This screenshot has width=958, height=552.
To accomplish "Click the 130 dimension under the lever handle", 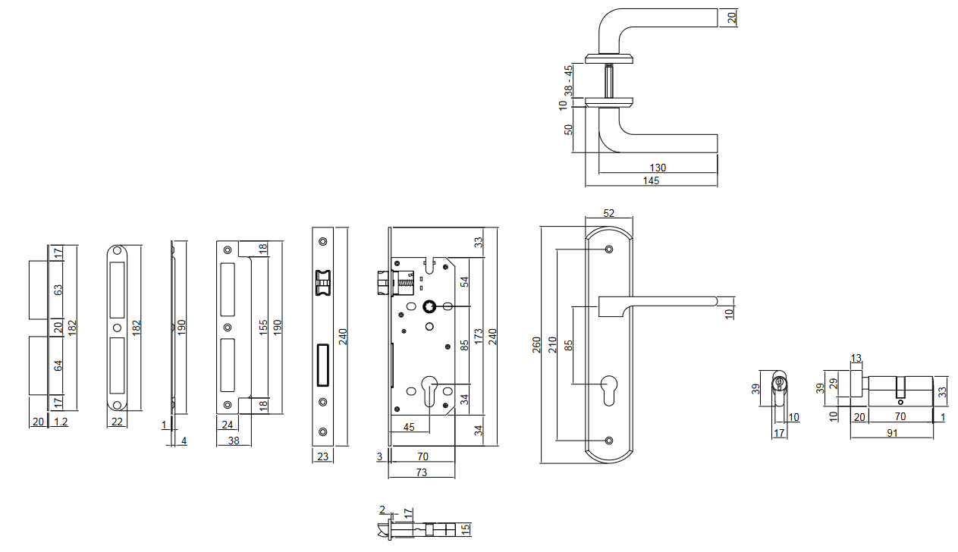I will pyautogui.click(x=658, y=168).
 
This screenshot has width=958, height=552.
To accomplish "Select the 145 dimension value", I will pyautogui.click(x=651, y=180).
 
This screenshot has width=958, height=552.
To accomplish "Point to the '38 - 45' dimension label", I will pyautogui.click(x=568, y=80).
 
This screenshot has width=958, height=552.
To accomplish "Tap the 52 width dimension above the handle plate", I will pyautogui.click(x=608, y=214).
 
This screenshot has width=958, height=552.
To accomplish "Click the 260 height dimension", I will pyautogui.click(x=536, y=345).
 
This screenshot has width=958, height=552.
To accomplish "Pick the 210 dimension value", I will pyautogui.click(x=552, y=345).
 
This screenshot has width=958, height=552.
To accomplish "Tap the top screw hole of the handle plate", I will pyautogui.click(x=609, y=249).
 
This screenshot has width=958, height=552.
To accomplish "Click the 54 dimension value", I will pyautogui.click(x=465, y=281).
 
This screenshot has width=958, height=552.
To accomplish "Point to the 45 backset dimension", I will pyautogui.click(x=409, y=427).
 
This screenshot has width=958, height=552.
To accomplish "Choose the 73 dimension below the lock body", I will pyautogui.click(x=421, y=472).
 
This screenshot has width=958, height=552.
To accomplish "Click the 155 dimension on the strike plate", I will pyautogui.click(x=263, y=328).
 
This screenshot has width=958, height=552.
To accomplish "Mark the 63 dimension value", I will pyautogui.click(x=58, y=290).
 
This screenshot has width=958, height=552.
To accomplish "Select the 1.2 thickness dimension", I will pyautogui.click(x=61, y=422).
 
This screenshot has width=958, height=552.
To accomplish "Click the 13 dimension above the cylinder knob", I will pyautogui.click(x=856, y=358).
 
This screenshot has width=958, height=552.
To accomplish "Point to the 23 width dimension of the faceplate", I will pyautogui.click(x=322, y=456).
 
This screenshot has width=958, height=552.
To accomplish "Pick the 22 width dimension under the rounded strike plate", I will pyautogui.click(x=116, y=422).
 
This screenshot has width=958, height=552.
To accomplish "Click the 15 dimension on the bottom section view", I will pyautogui.click(x=466, y=528).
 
